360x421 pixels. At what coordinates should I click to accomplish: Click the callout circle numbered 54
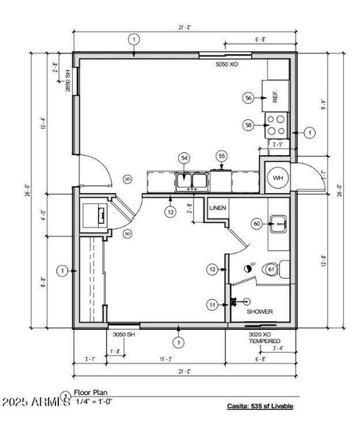point(185,159)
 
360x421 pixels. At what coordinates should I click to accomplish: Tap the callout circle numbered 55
point(222,156)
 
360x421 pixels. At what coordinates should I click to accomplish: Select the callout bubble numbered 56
point(248,98)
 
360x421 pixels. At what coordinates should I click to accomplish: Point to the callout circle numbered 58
point(248,125)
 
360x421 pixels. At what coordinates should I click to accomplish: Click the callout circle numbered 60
point(257,224)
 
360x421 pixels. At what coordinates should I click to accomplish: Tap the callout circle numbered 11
point(211,305)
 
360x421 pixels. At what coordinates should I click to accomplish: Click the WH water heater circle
point(277,178)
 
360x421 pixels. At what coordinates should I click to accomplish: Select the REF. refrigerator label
point(276,97)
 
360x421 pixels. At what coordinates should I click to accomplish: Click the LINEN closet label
point(218,208)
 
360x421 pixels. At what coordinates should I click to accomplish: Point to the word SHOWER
point(259,312)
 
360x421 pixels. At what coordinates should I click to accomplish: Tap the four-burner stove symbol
point(275,125)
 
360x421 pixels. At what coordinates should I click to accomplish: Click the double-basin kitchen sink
point(192,182)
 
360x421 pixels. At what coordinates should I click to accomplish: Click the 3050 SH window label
point(124,335)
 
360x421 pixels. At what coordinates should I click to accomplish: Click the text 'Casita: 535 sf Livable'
point(260,406)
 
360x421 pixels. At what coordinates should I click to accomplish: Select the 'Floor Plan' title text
point(89,394)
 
